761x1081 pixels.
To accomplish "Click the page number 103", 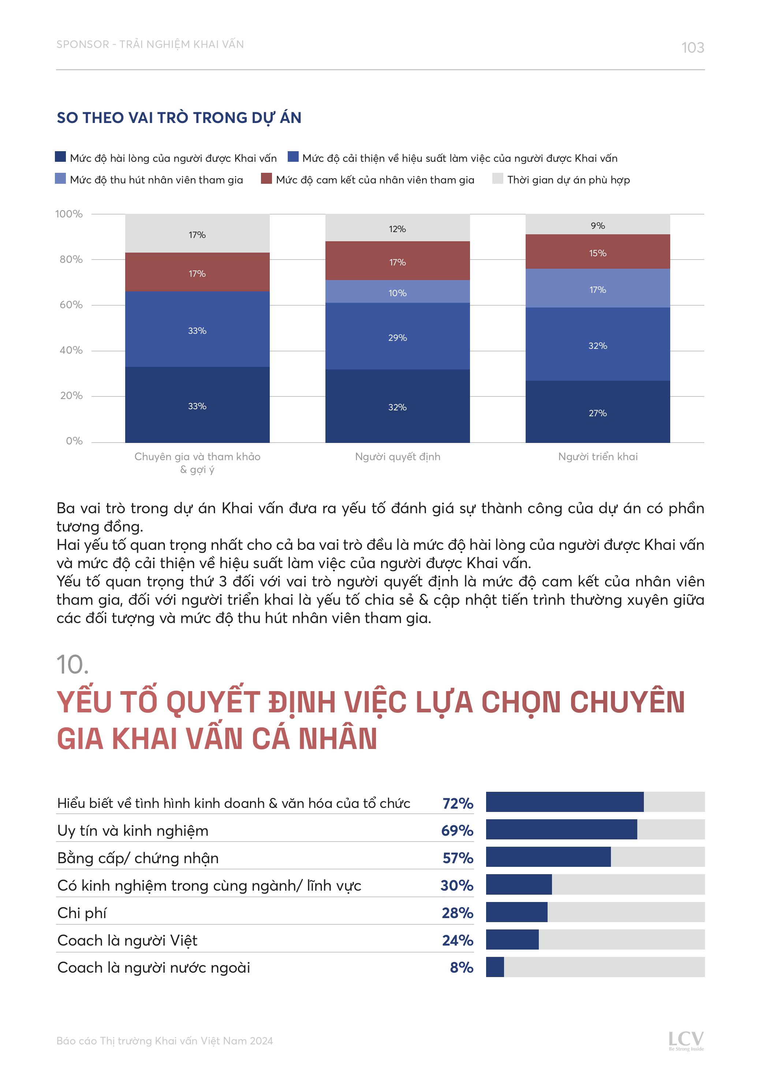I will point(692,48).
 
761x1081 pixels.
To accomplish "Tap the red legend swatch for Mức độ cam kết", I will point(266,179).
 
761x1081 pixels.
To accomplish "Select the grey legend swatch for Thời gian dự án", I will point(497,179).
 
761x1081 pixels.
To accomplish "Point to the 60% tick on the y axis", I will point(71,305).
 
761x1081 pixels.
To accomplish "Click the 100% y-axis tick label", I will point(69,214).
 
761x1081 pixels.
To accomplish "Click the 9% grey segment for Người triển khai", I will point(598,225).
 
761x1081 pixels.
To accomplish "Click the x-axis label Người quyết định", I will point(398,457).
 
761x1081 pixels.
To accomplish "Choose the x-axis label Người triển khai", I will point(598,457).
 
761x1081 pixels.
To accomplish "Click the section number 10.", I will point(72,665).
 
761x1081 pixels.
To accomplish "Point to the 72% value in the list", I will point(457,804).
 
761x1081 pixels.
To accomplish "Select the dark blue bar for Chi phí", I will point(516,913).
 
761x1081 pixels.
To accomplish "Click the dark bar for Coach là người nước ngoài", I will point(495,967).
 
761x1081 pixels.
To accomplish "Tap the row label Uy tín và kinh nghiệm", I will point(133,831).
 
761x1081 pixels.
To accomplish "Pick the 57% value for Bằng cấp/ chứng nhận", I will point(457,858).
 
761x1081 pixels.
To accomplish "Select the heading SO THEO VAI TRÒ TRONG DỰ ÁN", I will point(179,118).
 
